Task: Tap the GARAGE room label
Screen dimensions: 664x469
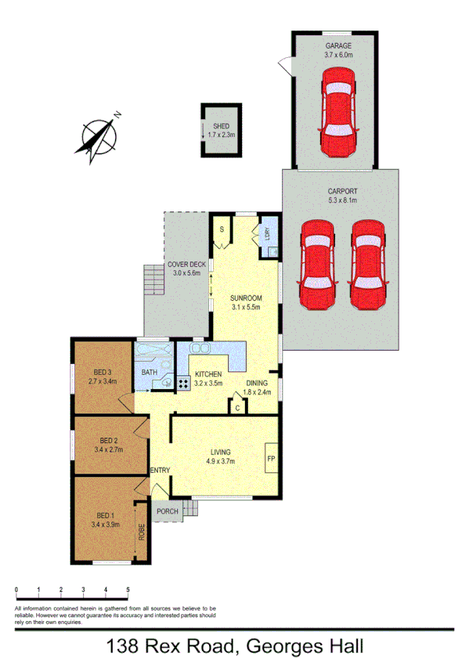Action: tap(340, 46)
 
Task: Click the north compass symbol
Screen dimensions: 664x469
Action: tap(98, 138)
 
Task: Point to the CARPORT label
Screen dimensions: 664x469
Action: tap(341, 191)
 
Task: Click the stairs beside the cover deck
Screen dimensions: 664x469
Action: tap(153, 278)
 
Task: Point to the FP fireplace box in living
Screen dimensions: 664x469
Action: tap(272, 458)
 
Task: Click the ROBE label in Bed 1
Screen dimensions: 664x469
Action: tap(142, 532)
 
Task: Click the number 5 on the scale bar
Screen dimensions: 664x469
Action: tap(128, 589)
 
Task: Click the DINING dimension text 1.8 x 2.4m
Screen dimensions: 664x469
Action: tap(257, 392)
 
